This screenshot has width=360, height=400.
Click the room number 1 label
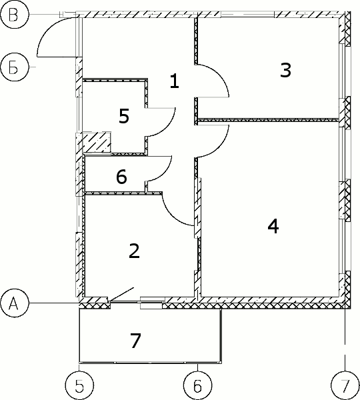click(x=175, y=81)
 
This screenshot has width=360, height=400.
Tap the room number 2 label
click(x=134, y=251)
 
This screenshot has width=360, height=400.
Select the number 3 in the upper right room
click(x=285, y=70)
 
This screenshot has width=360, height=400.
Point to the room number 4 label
click(x=273, y=226)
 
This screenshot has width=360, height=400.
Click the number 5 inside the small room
click(x=124, y=116)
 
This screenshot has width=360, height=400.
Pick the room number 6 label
click(x=121, y=177)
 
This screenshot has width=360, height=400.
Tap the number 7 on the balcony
click(x=135, y=341)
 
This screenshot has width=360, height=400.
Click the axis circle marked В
click(x=13, y=15)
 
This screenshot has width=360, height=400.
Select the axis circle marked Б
click(x=13, y=67)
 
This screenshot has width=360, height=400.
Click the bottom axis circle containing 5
click(x=79, y=386)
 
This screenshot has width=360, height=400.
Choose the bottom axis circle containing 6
click(x=198, y=386)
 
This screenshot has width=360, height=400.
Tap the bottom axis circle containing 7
click(x=345, y=386)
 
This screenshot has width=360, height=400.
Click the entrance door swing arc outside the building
click(x=47, y=29)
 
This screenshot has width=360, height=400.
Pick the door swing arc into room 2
click(x=171, y=216)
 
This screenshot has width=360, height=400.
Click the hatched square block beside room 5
click(x=97, y=143)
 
